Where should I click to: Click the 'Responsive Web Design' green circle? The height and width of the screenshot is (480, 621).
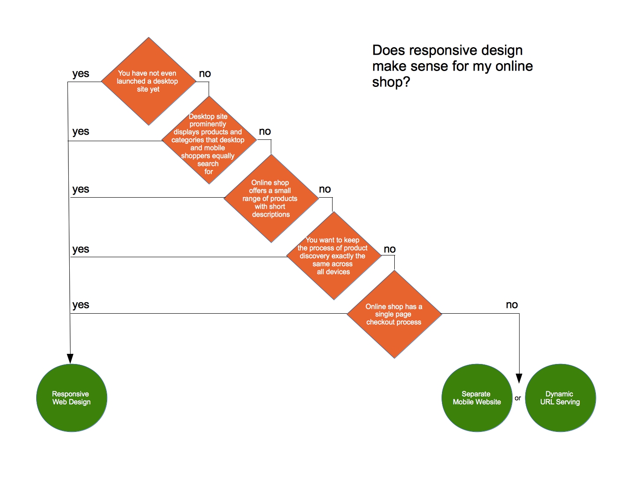[x=72, y=397]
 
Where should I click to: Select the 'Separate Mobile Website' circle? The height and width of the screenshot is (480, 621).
[x=477, y=397]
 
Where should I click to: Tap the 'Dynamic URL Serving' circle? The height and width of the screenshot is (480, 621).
[x=561, y=397]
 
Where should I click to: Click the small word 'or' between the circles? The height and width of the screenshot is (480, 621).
[x=518, y=398]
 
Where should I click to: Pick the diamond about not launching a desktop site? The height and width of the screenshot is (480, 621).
[x=149, y=82]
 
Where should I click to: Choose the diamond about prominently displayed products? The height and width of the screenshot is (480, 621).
[x=209, y=140]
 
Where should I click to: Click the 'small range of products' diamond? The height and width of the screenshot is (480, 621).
[x=271, y=199]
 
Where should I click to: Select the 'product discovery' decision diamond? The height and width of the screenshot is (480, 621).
[x=334, y=255]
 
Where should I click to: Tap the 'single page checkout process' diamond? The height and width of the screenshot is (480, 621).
[x=394, y=314]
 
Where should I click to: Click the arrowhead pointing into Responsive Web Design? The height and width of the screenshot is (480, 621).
[x=70, y=359]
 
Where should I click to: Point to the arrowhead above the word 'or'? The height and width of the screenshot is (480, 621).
[x=519, y=378]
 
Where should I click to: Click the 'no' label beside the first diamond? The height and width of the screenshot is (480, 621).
[x=205, y=74]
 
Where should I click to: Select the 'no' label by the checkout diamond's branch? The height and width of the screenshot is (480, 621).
[x=512, y=305]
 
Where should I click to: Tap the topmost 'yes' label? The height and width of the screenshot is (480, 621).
[x=81, y=74]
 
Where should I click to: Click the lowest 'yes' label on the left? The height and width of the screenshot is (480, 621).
[x=81, y=305]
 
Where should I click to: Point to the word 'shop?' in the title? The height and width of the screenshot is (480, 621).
[x=391, y=82]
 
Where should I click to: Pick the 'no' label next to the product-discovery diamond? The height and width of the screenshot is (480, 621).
[x=389, y=249]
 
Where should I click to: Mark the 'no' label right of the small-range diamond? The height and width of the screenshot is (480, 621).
[x=325, y=189]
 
